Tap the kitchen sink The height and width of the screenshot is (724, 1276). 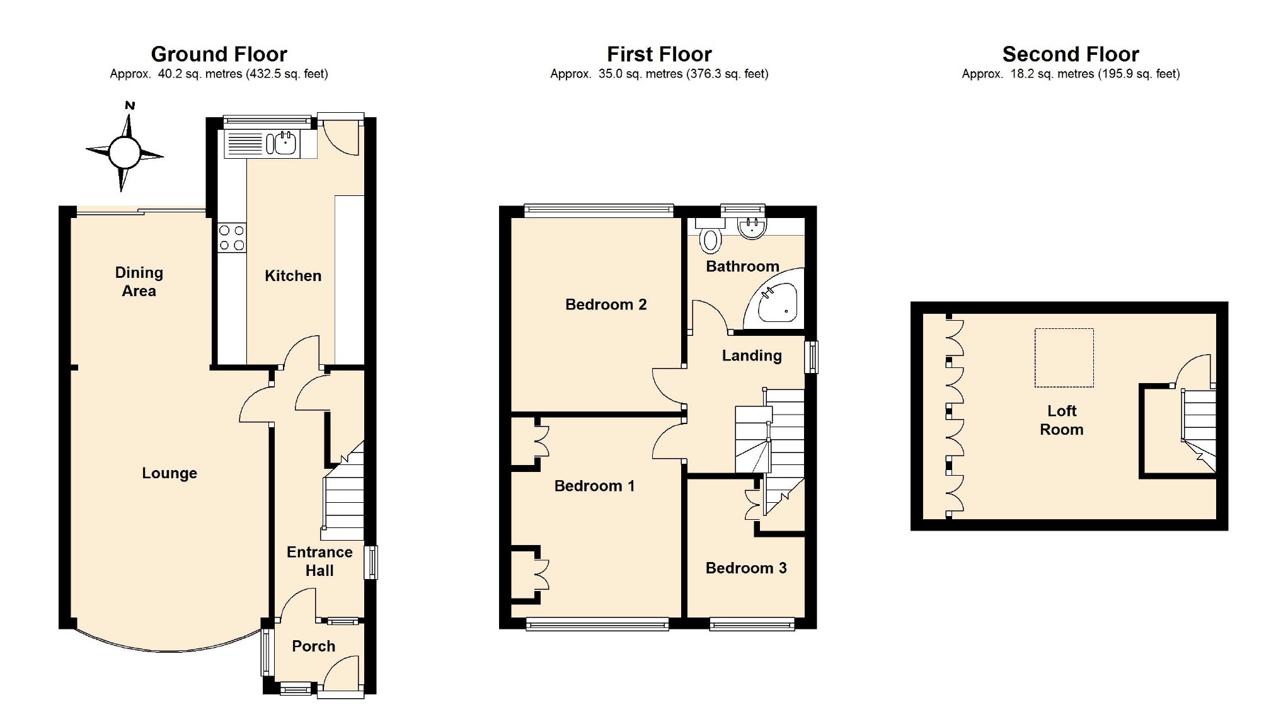point(282,144)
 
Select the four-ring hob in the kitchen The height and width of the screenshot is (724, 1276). point(232,238)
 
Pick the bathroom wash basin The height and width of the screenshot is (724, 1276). point(751,228)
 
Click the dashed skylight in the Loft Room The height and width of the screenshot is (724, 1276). point(1064,357)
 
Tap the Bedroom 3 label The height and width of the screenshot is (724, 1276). point(746,568)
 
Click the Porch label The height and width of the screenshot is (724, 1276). point(314,646)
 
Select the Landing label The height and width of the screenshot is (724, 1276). point(752,356)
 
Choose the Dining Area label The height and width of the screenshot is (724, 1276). point(139,282)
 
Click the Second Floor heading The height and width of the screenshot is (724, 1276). point(1071,54)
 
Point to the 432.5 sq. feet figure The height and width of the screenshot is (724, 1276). point(288,74)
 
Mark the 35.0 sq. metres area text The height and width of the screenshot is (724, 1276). point(640,74)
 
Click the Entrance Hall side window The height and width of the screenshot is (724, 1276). point(372,562)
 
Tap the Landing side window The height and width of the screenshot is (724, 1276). point(812,357)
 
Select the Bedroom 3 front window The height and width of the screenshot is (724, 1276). point(752,624)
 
